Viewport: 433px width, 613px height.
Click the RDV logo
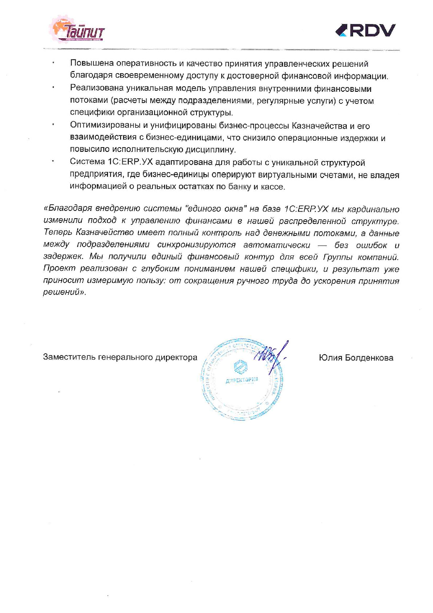pos(365,31)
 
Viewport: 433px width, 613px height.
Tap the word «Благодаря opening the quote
pos(68,209)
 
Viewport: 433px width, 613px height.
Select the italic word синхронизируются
pos(196,245)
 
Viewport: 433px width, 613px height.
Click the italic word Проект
pos(59,269)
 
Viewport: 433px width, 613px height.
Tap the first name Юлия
pos(329,358)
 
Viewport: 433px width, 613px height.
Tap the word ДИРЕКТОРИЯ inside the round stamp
pos(242,380)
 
